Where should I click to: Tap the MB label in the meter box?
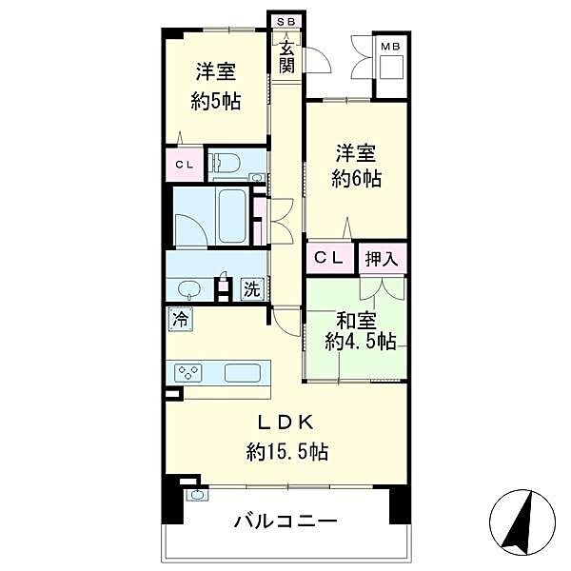click(390, 46)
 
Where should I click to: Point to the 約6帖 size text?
click(356, 178)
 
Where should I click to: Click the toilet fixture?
click(226, 165)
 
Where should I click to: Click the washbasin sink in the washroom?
click(188, 289)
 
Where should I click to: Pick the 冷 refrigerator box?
click(179, 321)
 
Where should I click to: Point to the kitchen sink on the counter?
click(245, 372)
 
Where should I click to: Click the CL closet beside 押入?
click(329, 257)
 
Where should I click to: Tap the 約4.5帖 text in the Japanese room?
click(359, 341)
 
